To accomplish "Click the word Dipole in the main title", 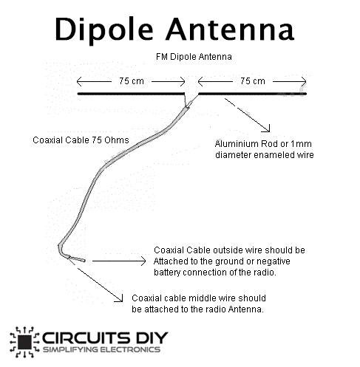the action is click(x=104, y=30).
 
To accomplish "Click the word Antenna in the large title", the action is click(x=230, y=29).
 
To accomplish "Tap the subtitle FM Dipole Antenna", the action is click(x=194, y=57).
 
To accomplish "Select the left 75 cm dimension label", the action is click(x=132, y=80).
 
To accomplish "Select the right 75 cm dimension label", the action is click(x=253, y=80).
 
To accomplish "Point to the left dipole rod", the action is click(x=131, y=94).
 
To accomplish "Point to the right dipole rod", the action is click(x=252, y=94).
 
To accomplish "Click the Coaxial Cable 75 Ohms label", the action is click(x=81, y=140).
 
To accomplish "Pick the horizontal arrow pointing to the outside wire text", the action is click(x=119, y=261).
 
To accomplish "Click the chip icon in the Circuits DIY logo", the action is click(x=24, y=342).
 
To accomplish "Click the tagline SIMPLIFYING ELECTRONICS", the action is click(x=101, y=349).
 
